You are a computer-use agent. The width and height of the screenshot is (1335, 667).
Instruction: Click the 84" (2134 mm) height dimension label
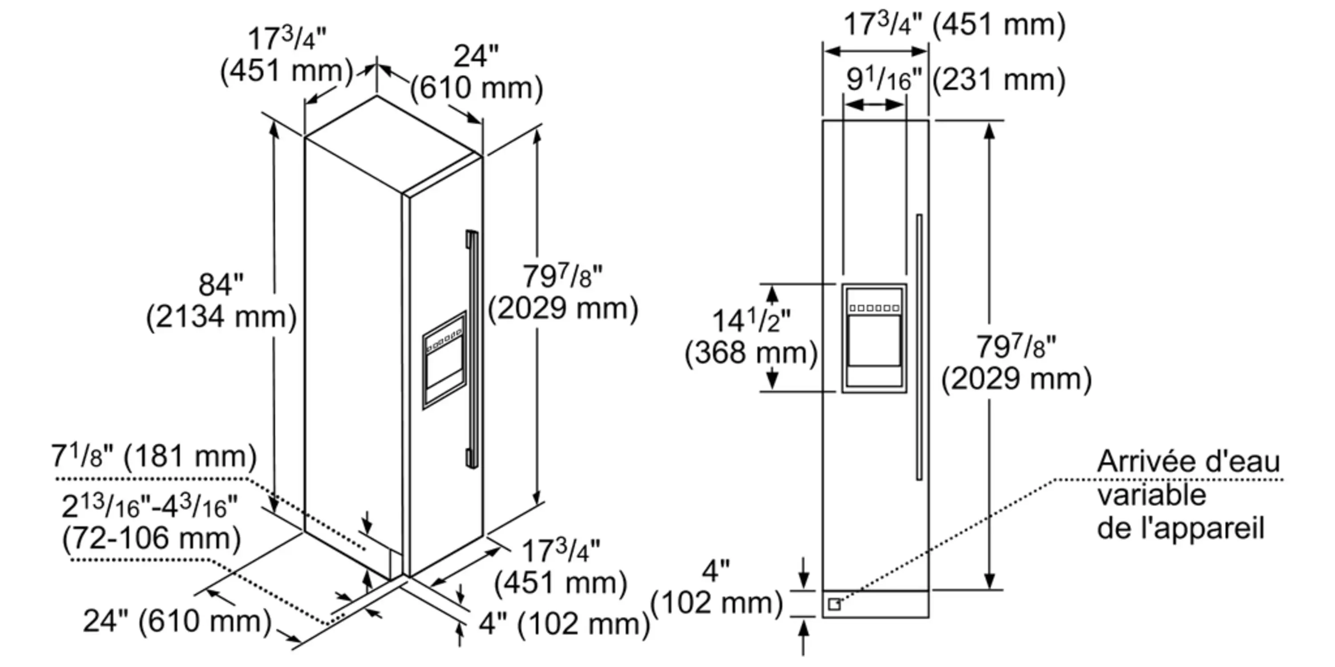click(221, 301)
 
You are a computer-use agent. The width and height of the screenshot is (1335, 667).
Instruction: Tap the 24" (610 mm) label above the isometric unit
click(476, 72)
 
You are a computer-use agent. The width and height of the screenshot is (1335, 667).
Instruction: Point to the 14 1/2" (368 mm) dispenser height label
click(751, 337)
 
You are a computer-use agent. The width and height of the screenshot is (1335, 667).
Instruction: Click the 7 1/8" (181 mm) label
click(154, 457)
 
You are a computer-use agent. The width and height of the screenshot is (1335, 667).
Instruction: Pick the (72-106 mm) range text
click(151, 538)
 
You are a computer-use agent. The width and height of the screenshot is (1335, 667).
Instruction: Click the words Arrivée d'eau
click(1188, 461)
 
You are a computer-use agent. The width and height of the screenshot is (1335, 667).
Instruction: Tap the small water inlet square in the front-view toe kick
click(834, 604)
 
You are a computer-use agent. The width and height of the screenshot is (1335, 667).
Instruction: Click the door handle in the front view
click(919, 347)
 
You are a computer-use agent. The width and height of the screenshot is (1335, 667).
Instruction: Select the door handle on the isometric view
click(472, 350)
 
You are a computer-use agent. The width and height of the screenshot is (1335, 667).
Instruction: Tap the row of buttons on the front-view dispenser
click(874, 308)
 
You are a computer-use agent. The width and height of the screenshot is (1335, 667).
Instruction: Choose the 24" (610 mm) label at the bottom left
click(177, 621)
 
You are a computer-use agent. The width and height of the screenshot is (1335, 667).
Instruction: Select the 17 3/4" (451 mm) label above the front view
click(954, 24)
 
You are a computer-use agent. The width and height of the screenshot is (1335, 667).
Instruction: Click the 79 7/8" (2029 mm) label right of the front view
click(1016, 362)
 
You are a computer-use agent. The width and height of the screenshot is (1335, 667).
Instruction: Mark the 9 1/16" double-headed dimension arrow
click(874, 104)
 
